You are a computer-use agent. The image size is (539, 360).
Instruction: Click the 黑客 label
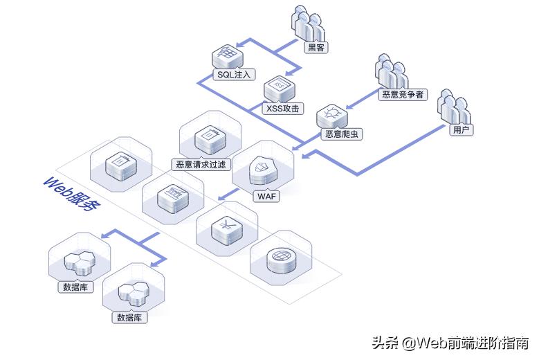(316, 48)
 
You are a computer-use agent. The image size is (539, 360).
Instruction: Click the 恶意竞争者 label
(403, 95)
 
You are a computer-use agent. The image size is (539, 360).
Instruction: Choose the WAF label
(266, 196)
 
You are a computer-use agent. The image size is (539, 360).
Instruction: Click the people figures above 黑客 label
(308, 22)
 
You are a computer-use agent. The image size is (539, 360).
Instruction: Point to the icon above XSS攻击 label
(279, 88)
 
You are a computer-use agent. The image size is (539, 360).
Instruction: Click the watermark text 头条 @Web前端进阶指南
(450, 342)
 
